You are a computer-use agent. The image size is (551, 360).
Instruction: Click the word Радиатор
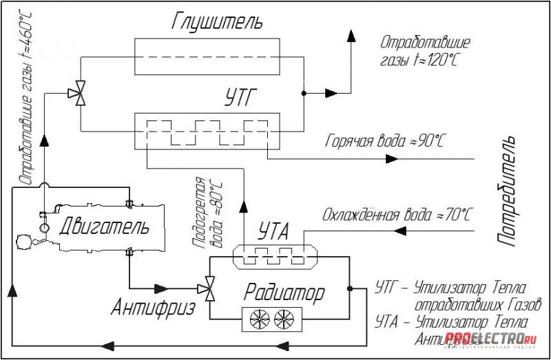coord(284,294)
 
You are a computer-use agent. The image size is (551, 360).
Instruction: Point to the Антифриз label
coord(153,308)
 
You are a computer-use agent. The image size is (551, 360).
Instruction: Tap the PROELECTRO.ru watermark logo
coord(490,338)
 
